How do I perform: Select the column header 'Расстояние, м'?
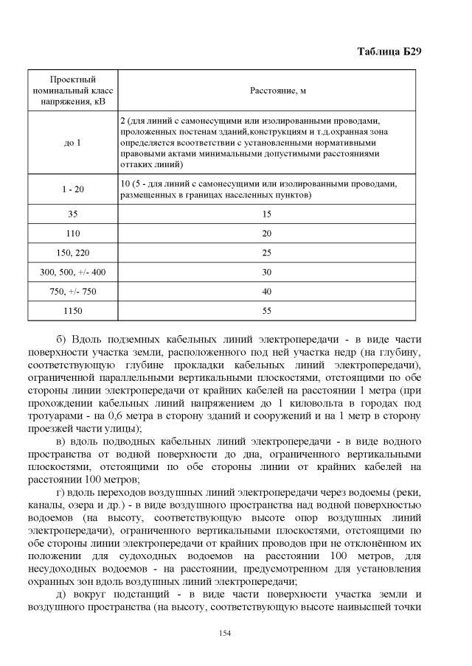coord(267,90)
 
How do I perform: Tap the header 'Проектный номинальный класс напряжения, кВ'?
coord(72,90)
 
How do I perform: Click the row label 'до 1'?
coord(72,142)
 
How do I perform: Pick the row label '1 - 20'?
coord(72,189)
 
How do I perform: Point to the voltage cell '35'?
coord(72,214)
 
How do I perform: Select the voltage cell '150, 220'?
coord(72,253)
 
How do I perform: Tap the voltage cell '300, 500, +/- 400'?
coord(72,272)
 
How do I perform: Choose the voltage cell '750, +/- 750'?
coord(72,292)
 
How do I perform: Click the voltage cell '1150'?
coord(72,311)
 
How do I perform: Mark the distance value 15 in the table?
coord(267,214)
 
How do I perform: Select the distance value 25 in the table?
coord(267,253)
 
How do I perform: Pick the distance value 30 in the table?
coord(267,272)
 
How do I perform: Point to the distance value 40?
coord(267,292)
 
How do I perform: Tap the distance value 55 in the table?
coord(267,311)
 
